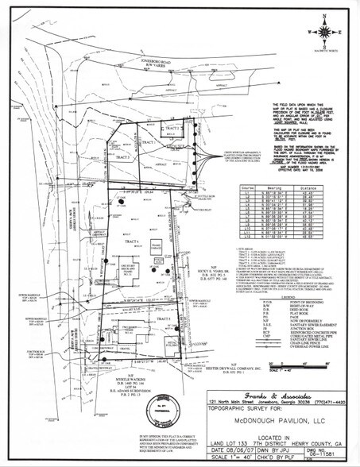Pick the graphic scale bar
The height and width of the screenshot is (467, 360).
point(300,342)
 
